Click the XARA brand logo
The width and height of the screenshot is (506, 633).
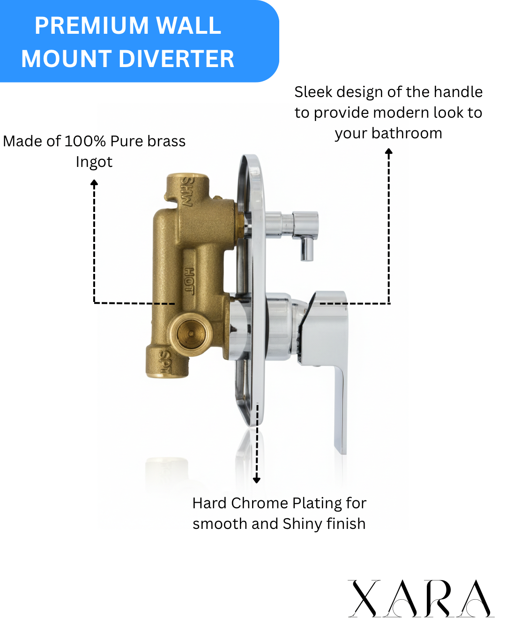point(420,598)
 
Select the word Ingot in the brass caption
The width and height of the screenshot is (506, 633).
point(94,162)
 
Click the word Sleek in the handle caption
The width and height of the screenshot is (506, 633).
point(313,92)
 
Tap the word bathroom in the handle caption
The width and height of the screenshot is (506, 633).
point(407,133)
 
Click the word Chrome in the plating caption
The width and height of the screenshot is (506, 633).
point(260,503)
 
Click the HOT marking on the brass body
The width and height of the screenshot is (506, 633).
point(189,280)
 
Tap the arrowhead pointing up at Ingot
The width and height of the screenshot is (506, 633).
point(94,183)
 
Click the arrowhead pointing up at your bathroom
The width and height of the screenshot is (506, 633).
point(388,152)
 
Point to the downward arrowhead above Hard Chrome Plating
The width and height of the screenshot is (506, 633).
point(256,480)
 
